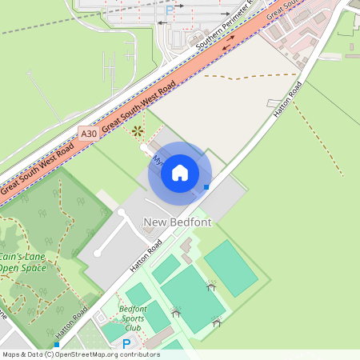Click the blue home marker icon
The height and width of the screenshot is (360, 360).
180,173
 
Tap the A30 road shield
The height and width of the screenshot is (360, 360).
89,134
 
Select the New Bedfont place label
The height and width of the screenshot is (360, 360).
177,222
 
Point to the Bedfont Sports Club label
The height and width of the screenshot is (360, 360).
133,318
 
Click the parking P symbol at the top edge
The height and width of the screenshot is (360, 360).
169,10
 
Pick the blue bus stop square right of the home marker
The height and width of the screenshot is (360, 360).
206,187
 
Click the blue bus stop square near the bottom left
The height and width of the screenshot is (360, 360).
56,345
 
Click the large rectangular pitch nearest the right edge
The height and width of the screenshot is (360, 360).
230,266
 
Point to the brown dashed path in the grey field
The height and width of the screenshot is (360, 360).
248,77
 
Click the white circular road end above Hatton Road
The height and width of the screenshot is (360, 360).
98,253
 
